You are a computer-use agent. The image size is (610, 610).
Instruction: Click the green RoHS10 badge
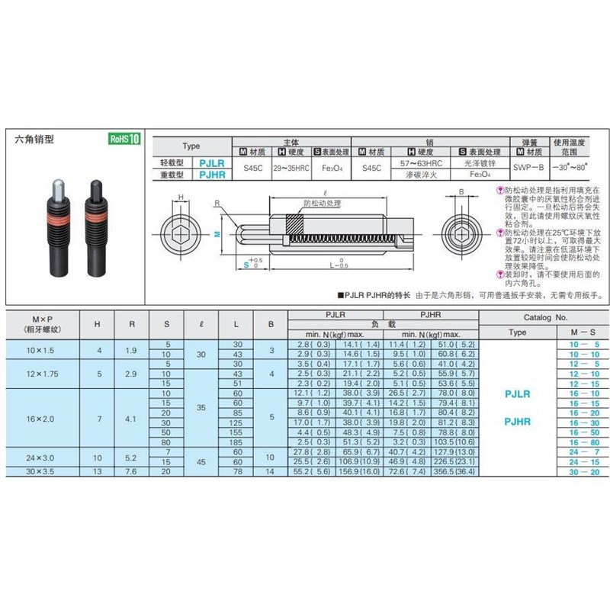coord(124,139)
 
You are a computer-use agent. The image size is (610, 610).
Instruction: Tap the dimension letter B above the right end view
coord(461,192)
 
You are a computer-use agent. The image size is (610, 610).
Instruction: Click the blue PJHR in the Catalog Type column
coord(517,421)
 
